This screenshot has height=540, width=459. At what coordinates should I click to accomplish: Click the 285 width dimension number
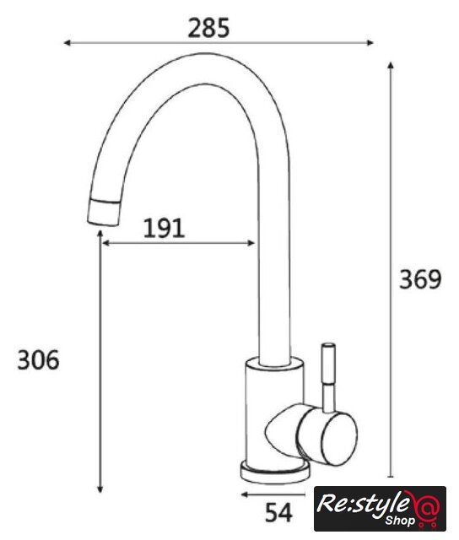[208, 28]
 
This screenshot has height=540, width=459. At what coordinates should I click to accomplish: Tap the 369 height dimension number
[419, 279]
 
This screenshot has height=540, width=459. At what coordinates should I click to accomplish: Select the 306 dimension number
[38, 360]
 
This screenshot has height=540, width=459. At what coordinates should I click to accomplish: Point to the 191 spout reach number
[164, 228]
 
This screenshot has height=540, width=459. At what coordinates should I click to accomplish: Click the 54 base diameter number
[278, 513]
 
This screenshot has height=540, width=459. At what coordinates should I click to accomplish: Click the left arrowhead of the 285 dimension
[67, 43]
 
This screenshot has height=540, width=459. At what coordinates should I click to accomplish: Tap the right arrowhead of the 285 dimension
[370, 43]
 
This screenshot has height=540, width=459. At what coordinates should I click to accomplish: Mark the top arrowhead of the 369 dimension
[390, 66]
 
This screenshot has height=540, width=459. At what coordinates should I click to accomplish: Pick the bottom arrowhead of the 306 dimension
[100, 489]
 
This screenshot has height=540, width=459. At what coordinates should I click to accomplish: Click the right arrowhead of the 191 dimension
[251, 243]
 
